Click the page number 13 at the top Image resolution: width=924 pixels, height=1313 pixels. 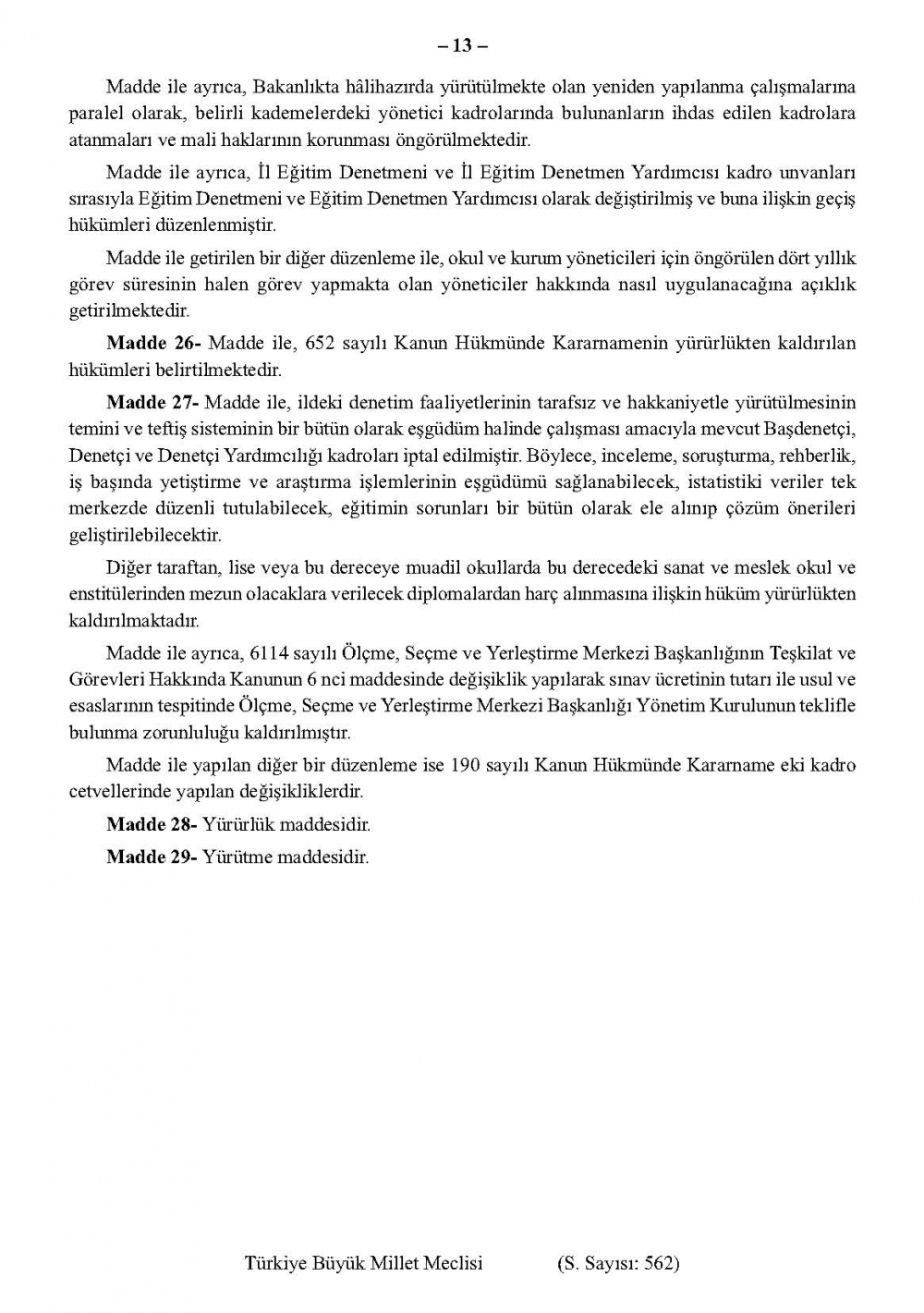[x=462, y=44]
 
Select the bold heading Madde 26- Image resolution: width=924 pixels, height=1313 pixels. [x=153, y=343]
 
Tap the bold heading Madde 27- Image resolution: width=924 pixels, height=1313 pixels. [x=152, y=402]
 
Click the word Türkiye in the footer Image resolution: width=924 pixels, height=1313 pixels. [x=274, y=1263]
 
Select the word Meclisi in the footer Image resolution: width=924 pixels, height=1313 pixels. [x=452, y=1263]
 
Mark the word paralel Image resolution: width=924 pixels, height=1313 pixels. [x=96, y=114]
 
